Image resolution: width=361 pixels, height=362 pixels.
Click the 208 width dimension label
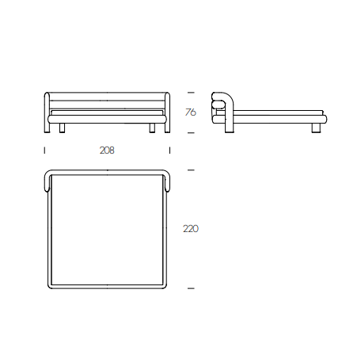pyautogui.click(x=107, y=151)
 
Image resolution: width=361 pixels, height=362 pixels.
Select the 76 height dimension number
pyautogui.click(x=191, y=112)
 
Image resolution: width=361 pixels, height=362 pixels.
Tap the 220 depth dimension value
pyautogui.click(x=191, y=228)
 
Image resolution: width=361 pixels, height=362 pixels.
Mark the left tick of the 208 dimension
pyautogui.click(x=44, y=151)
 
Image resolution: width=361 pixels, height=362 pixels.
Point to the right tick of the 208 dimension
pyautogui.click(x=169, y=151)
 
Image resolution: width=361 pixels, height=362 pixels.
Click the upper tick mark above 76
pyautogui.click(x=191, y=93)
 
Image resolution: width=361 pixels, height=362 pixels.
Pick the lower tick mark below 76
pyautogui.click(x=191, y=133)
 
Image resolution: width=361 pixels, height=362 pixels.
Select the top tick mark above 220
pyautogui.click(x=191, y=170)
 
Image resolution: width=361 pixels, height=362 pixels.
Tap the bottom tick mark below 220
pyautogui.click(x=191, y=288)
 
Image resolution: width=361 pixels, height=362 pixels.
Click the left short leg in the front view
pyautogui.click(x=62, y=128)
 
